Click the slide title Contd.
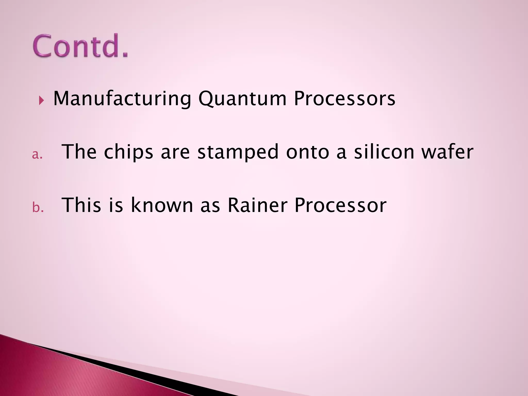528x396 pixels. (x=80, y=46)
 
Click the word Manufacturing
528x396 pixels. (x=122, y=98)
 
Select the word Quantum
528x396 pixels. (x=242, y=98)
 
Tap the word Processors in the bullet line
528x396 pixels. (x=344, y=98)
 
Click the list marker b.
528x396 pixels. (x=38, y=208)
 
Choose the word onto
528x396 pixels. (x=308, y=152)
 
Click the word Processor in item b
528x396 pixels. (x=340, y=205)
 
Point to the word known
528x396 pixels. (x=162, y=205)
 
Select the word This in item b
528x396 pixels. (x=81, y=205)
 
